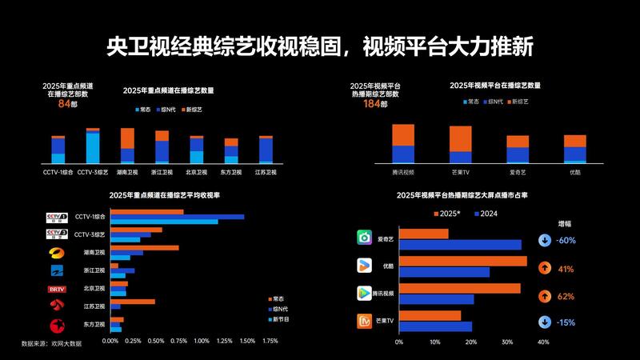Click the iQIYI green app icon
coord(365,238)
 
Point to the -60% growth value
coord(566,240)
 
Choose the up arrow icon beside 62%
coord(544,296)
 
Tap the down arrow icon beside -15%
coord(544,322)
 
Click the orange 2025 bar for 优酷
coord(462,261)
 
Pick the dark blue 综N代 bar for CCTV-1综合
coord(177,217)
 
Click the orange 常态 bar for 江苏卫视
coord(133,302)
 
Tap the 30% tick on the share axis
coord(507,342)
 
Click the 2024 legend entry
coord(485,214)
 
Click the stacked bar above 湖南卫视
coord(127,146)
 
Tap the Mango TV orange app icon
coord(365,322)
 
